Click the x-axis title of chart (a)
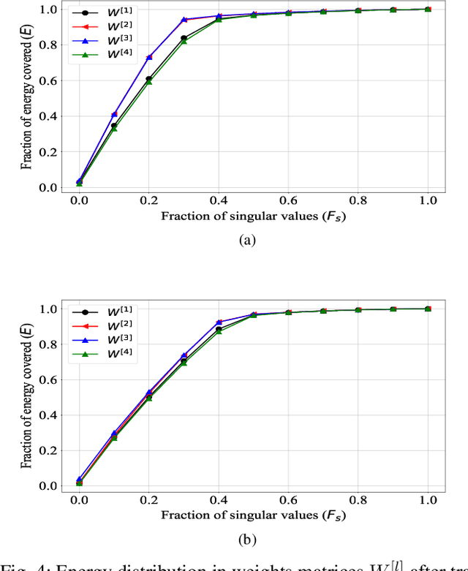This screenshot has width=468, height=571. (x=253, y=216)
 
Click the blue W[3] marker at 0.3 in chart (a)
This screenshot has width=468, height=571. (x=184, y=20)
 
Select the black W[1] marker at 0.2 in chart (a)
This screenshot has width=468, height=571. (x=148, y=79)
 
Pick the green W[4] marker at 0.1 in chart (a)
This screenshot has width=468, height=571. (x=113, y=129)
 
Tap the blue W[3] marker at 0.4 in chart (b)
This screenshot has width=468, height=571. (x=219, y=322)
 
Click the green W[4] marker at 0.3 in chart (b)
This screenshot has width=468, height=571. (x=184, y=363)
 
